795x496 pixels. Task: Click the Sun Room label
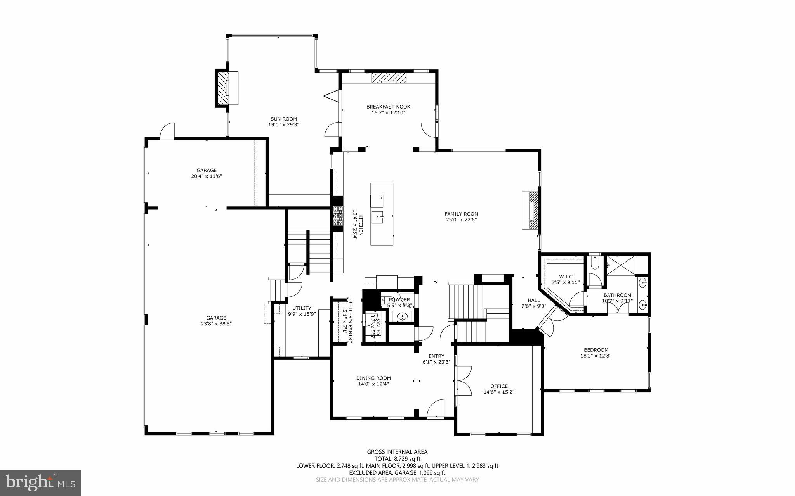point(284,119)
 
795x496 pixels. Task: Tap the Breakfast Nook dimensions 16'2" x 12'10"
point(388,113)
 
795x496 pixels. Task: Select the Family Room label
point(461,214)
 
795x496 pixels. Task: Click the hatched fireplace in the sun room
point(223,87)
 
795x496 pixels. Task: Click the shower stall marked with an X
point(621,265)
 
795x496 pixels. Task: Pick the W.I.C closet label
point(566,277)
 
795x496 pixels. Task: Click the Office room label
point(499,386)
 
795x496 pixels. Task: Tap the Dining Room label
point(373,378)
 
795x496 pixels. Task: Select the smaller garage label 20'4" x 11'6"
point(206,173)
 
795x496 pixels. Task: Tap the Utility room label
point(302,308)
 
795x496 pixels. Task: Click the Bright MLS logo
point(40,482)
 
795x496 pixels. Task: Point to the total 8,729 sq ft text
point(397,459)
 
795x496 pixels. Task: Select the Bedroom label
point(594,350)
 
